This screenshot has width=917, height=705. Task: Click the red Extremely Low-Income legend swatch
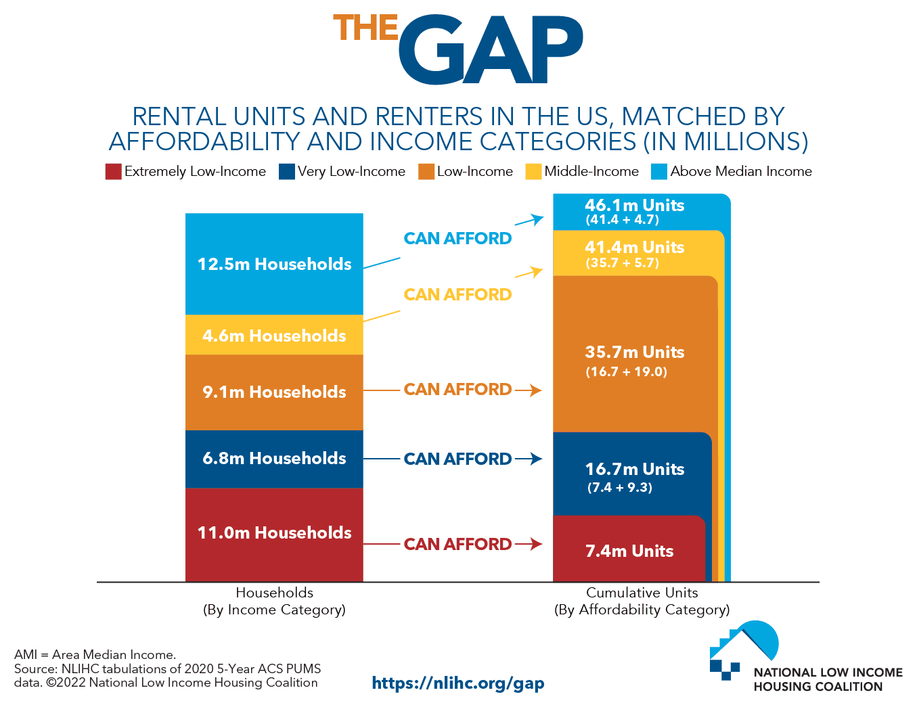click(114, 172)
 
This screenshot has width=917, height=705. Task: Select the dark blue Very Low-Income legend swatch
click(286, 172)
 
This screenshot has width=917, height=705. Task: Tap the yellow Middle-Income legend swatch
click(533, 172)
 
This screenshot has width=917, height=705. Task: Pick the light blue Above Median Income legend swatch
click(658, 172)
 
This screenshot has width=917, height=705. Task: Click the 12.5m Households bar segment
click(274, 264)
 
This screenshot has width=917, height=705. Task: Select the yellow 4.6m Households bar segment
click(274, 335)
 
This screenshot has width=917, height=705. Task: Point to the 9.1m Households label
click(274, 392)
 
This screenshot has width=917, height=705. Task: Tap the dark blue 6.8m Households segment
click(274, 459)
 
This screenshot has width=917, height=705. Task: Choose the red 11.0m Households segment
click(274, 535)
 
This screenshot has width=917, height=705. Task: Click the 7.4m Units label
click(629, 551)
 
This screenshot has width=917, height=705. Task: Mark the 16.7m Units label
click(635, 469)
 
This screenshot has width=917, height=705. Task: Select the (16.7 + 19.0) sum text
click(626, 371)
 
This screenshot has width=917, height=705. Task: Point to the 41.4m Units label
click(635, 247)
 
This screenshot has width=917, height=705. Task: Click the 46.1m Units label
click(635, 206)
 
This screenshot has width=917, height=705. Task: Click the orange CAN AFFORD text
click(457, 390)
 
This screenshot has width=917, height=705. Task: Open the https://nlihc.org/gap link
click(458, 683)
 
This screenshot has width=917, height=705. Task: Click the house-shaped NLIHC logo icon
click(744, 650)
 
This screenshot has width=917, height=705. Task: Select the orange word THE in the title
click(365, 28)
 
